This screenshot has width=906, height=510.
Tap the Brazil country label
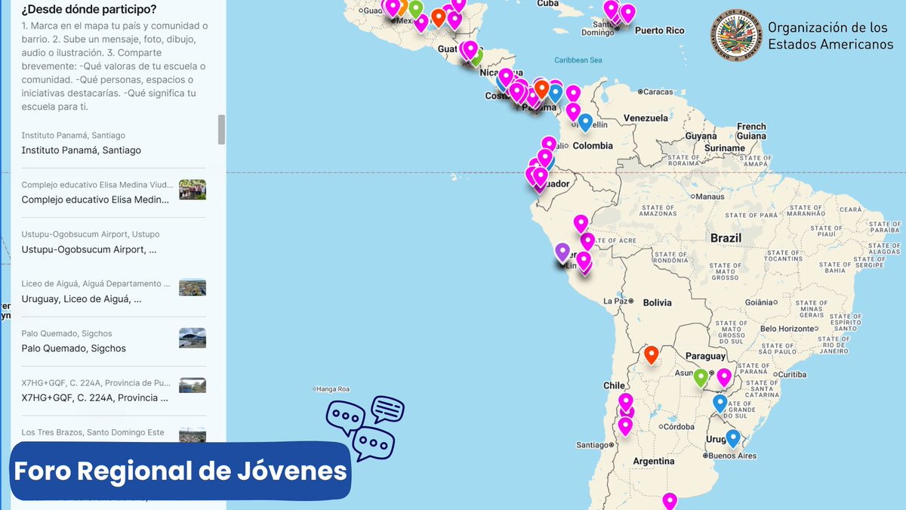[x=726, y=238]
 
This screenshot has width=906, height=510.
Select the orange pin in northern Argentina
[x=650, y=354]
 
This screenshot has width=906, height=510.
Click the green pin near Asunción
[x=701, y=376]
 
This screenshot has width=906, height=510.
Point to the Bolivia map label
[x=657, y=303]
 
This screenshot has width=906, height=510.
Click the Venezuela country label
[x=646, y=118]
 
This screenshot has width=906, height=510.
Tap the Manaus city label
[x=710, y=196]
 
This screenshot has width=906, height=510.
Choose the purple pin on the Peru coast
[x=562, y=251]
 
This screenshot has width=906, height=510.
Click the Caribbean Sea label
[x=578, y=60]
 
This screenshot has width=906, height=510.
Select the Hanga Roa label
[x=334, y=389]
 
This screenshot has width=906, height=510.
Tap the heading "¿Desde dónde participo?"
[x=90, y=9]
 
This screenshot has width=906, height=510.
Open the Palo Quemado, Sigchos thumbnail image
[x=193, y=338]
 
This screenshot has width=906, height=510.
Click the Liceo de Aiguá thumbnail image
[x=193, y=288]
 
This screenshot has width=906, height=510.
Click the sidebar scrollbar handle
[x=221, y=129]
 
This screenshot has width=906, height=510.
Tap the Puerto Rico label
[x=659, y=30]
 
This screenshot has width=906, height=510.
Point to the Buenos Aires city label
[x=733, y=456]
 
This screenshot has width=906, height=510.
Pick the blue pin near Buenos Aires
[x=732, y=437]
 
